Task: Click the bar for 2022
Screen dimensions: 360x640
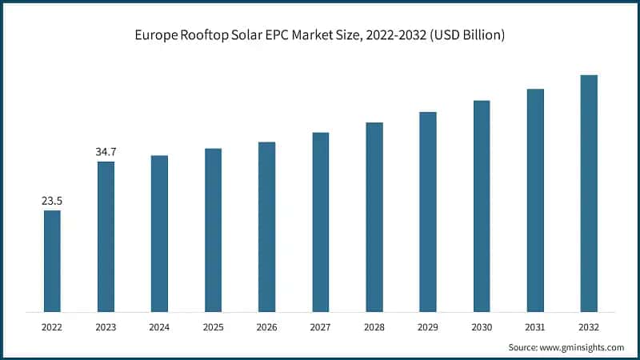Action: click(52, 261)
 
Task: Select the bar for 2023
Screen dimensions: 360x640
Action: click(106, 236)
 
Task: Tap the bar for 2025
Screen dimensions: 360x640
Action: click(213, 230)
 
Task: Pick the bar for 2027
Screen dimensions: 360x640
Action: click(320, 222)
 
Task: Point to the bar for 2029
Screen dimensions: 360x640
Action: click(428, 211)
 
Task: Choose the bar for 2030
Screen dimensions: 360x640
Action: click(482, 206)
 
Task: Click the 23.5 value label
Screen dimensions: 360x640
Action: click(52, 201)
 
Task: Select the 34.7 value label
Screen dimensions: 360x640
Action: click(106, 151)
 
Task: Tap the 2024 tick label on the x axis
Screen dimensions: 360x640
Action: click(159, 327)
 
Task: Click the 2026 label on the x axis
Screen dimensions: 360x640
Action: click(266, 327)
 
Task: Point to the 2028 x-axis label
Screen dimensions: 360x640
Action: click(374, 327)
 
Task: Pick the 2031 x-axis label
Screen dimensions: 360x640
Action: click(535, 327)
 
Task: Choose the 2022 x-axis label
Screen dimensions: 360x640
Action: click(52, 327)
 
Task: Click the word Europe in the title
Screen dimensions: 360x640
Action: click(155, 36)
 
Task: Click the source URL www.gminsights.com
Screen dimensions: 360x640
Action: click(582, 347)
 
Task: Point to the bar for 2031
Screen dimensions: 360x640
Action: click(535, 200)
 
